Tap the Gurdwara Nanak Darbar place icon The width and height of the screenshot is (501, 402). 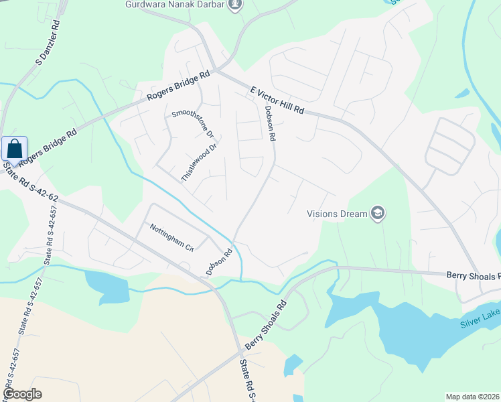(x=234, y=6)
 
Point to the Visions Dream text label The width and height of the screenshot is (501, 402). (x=337, y=214)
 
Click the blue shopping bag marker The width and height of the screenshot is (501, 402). (x=14, y=149)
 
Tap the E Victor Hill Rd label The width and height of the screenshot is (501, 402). (x=277, y=100)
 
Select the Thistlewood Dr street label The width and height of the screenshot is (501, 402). (x=200, y=162)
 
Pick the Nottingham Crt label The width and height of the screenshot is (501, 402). (x=171, y=237)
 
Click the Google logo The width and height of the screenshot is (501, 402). (x=22, y=394)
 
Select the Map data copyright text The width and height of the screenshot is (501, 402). (x=472, y=397)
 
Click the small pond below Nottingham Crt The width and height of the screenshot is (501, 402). (x=107, y=284)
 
